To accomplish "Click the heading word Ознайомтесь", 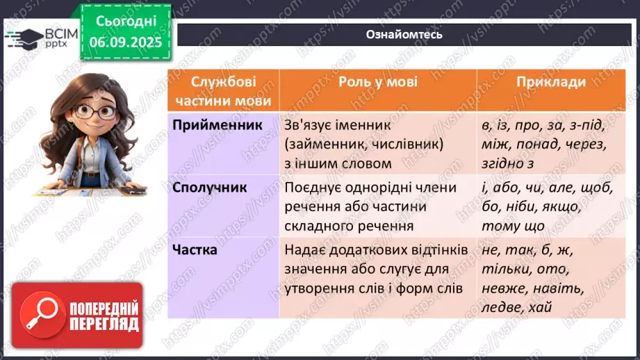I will point(404,35).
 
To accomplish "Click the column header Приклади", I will point(551,82).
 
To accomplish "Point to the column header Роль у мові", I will point(378,82).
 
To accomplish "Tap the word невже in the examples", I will point(500,287).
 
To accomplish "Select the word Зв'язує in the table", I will point(309,126).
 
